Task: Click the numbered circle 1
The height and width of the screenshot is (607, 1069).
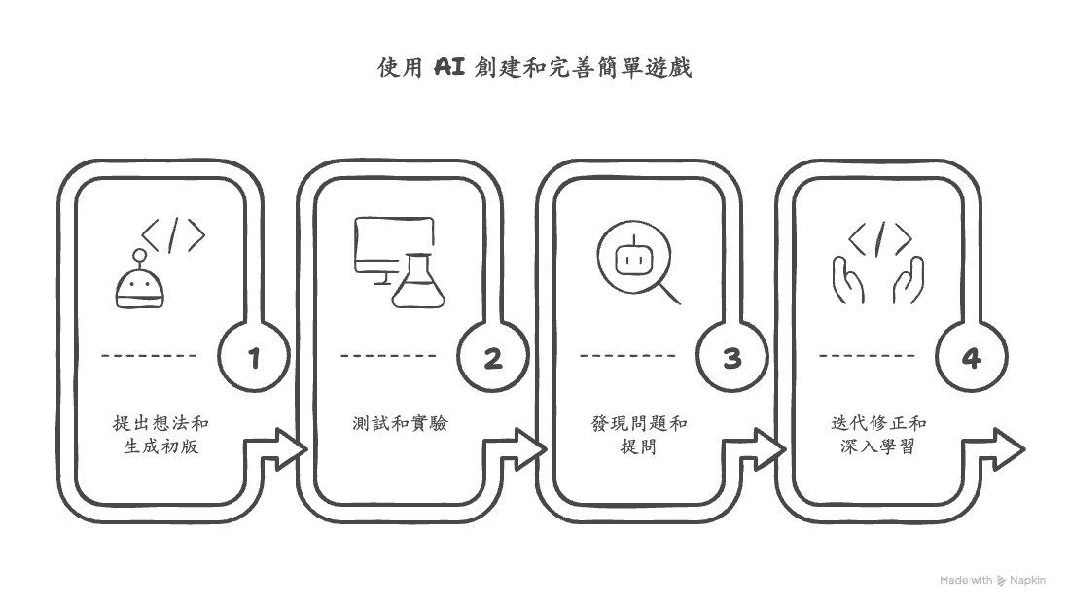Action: [x=254, y=358]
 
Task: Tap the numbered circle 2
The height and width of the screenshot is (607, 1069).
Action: [x=493, y=358]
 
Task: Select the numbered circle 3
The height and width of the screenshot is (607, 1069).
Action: [x=732, y=358]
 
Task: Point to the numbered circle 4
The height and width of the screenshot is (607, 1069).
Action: [x=972, y=358]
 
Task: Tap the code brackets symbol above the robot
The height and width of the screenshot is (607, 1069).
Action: [x=173, y=235]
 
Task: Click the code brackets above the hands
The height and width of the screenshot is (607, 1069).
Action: [x=879, y=237]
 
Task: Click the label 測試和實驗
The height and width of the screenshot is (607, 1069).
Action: [x=400, y=424]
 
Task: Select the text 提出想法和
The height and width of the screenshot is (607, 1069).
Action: [x=160, y=424]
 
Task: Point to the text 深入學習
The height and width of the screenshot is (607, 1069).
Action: [x=878, y=447]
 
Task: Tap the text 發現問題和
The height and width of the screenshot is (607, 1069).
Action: [x=639, y=424]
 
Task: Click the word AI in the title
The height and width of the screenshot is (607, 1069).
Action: [x=448, y=67]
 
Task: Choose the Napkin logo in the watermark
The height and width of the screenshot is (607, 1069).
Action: [x=1002, y=581]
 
